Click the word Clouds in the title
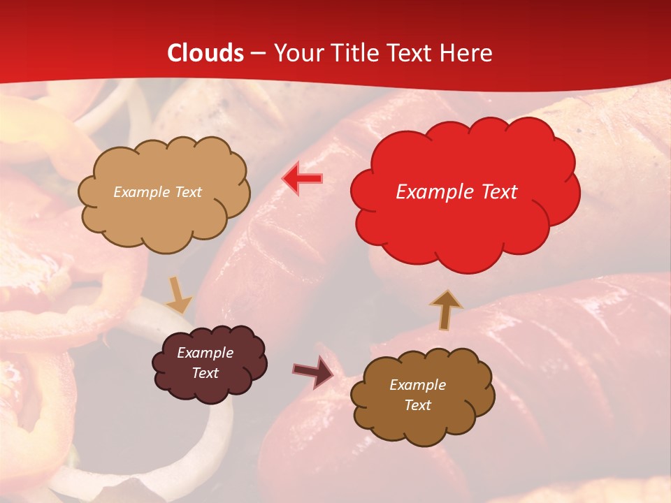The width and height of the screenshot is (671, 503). click(206, 53)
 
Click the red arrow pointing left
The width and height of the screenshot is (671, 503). click(302, 178)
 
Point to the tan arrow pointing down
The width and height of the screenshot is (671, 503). click(179, 296)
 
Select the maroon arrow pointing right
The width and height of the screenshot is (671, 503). click(313, 372)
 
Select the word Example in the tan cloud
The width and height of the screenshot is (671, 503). click(142, 192)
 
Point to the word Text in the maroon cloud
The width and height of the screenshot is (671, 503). click(205, 373)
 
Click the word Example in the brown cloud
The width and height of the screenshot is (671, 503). click(417, 385)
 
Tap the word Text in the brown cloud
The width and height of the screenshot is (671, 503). click(417, 405)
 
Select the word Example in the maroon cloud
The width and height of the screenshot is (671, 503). click(205, 353)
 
